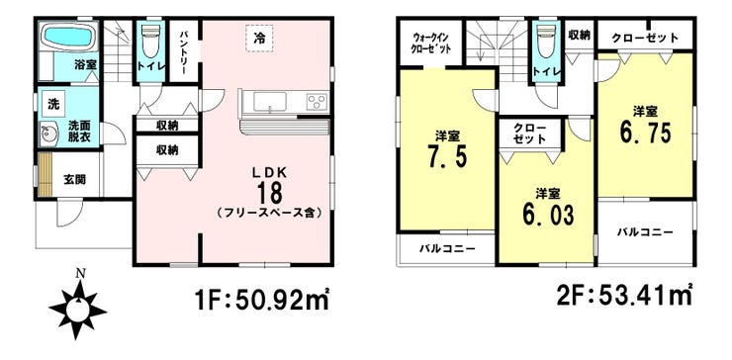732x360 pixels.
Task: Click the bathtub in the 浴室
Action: (67, 42)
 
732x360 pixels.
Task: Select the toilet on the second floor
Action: (543, 42)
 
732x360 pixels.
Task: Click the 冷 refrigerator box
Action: (258, 37)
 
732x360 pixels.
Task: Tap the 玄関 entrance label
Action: (75, 179)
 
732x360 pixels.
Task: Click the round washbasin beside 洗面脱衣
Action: (46, 135)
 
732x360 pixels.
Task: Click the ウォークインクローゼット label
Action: (431, 45)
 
